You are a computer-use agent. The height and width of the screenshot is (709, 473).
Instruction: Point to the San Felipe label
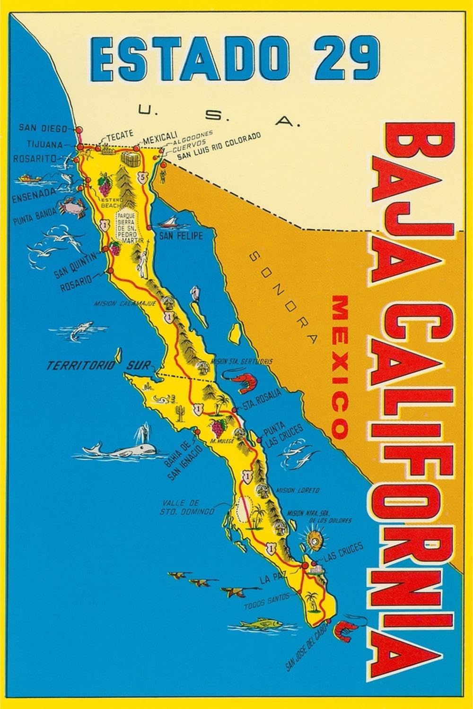(x=180, y=235)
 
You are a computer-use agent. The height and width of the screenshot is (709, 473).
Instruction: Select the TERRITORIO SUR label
(x=104, y=365)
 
